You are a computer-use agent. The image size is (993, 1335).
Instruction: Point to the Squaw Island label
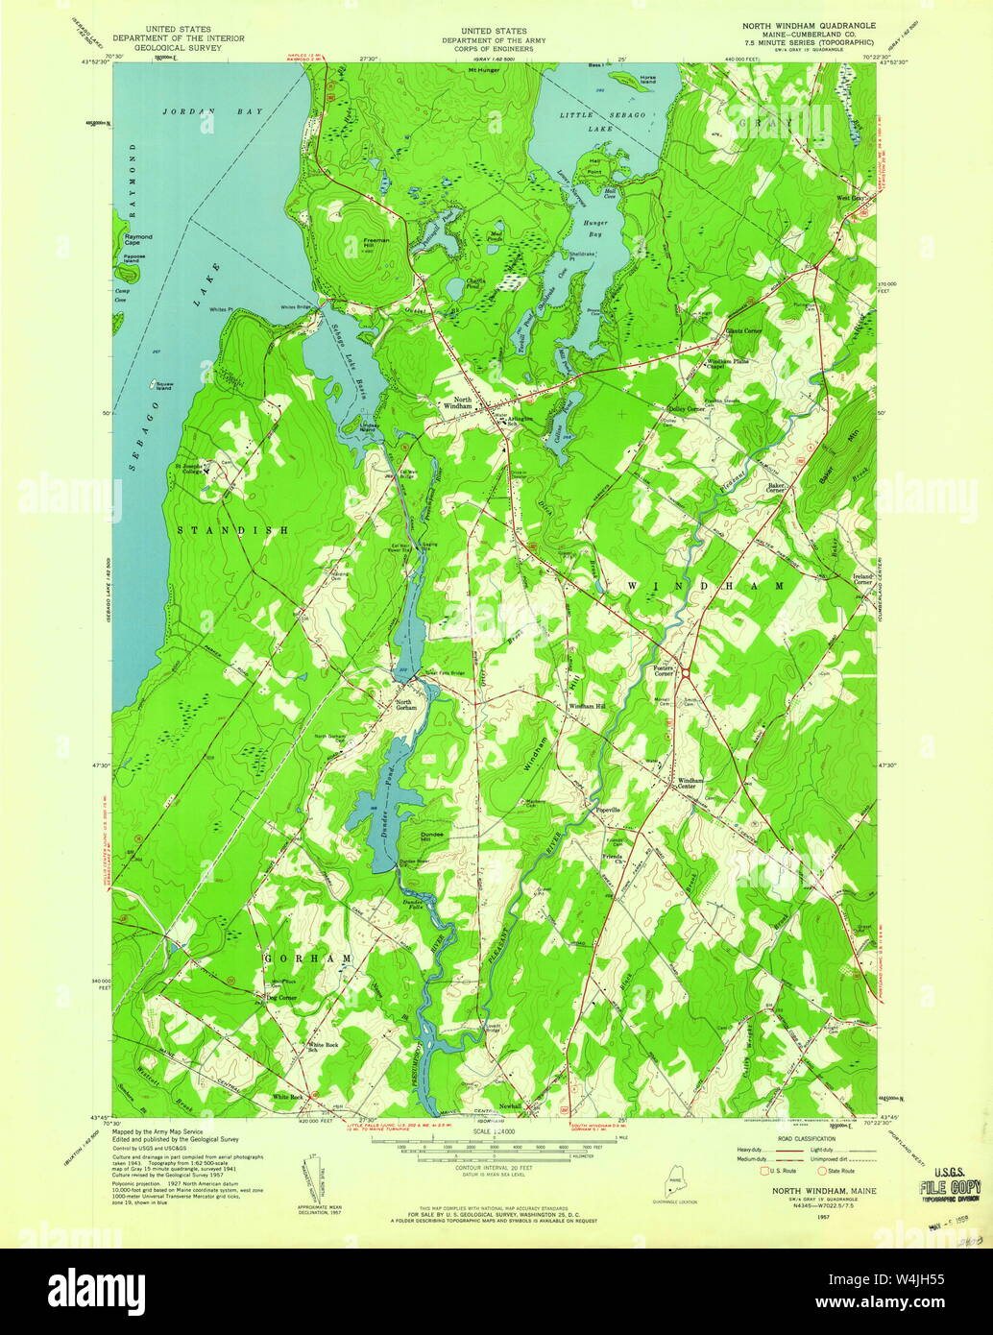[158, 387]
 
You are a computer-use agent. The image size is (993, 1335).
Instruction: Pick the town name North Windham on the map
[456, 402]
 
